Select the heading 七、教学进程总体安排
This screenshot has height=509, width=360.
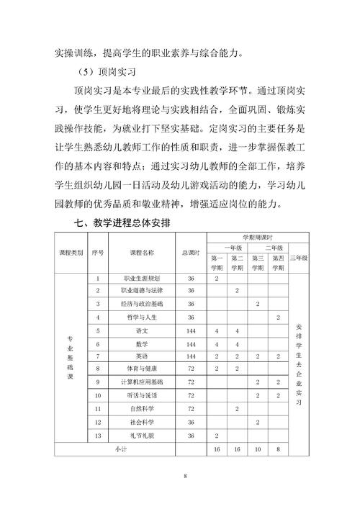point(122,224)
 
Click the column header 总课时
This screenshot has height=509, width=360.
point(191,253)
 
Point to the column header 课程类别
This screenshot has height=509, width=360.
point(71,253)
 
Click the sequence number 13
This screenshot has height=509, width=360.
point(98,436)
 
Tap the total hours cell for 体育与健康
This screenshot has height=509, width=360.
point(191,369)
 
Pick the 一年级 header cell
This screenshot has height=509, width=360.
point(227,246)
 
